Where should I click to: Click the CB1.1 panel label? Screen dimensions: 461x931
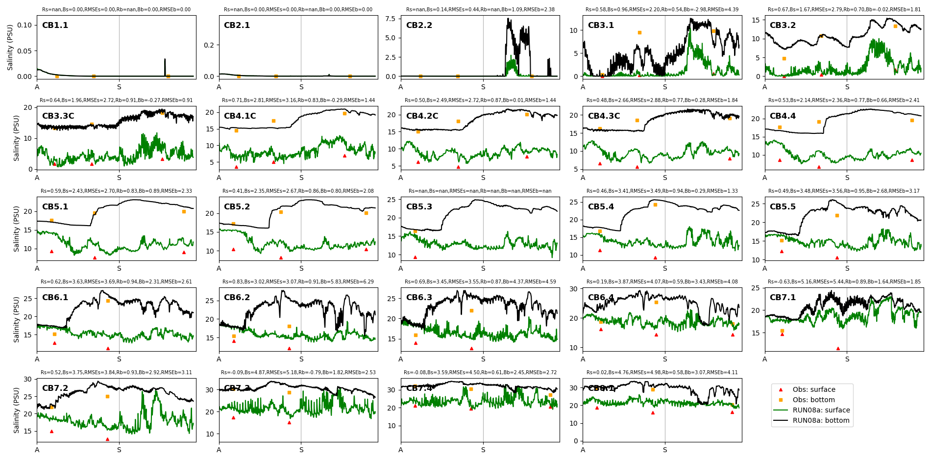(x=55, y=26)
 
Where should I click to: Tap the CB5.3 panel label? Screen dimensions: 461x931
(x=419, y=207)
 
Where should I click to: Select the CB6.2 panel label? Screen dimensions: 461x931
(x=237, y=298)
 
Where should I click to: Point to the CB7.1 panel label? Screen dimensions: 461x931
(x=783, y=298)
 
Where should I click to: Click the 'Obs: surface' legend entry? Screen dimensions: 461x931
(x=814, y=390)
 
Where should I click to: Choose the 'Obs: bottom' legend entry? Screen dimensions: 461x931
(x=813, y=400)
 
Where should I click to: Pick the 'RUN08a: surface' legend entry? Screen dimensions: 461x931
(x=821, y=410)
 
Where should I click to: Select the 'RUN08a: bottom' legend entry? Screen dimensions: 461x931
(x=821, y=421)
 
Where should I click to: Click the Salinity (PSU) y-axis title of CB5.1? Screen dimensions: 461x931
(x=17, y=229)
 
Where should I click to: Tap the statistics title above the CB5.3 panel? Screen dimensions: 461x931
(x=480, y=191)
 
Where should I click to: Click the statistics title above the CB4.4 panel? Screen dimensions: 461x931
(x=844, y=101)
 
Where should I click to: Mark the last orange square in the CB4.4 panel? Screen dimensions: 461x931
(x=912, y=121)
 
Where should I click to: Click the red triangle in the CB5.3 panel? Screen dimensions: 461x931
(x=415, y=257)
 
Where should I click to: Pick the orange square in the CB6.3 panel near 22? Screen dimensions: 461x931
(x=471, y=311)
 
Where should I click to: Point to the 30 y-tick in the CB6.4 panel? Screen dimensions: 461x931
(x=572, y=289)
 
